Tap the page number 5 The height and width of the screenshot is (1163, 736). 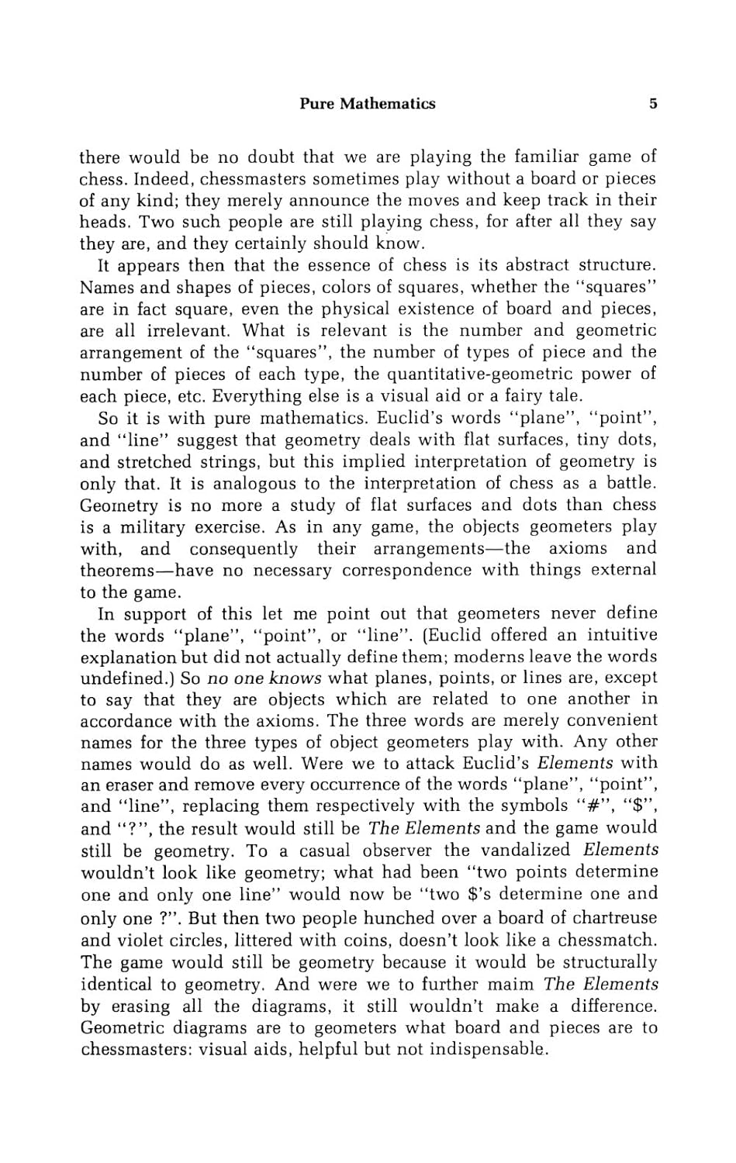[653, 104]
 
